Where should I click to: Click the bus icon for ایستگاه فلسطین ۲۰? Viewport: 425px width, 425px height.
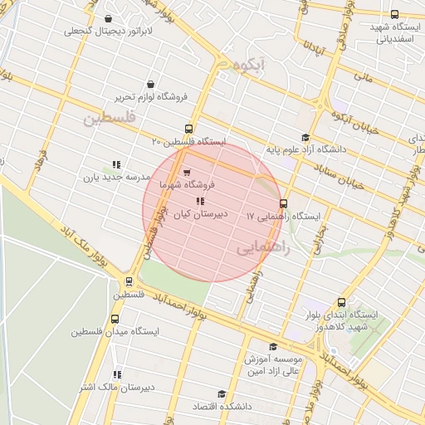[189, 129]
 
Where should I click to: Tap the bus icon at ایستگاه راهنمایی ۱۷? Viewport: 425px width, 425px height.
[283, 203]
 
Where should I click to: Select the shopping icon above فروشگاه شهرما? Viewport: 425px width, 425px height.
[187, 172]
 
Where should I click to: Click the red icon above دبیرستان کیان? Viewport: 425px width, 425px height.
[198, 201]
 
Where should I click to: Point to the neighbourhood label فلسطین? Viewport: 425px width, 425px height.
[108, 118]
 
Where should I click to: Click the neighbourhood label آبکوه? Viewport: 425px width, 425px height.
[251, 63]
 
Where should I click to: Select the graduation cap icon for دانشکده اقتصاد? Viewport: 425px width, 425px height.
[222, 394]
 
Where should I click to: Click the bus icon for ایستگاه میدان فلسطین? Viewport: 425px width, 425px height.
[115, 319]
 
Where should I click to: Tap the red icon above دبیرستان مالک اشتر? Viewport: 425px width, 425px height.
[116, 374]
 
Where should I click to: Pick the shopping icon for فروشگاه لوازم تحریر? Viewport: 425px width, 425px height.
[149, 84]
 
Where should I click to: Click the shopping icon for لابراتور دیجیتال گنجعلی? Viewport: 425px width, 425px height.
[109, 19]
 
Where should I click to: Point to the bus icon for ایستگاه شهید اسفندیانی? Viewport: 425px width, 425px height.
[393, 13]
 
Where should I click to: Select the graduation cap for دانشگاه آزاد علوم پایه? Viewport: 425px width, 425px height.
[305, 137]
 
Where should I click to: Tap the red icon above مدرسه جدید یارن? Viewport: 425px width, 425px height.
[116, 164]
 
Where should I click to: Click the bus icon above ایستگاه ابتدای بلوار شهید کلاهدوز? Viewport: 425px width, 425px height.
[341, 303]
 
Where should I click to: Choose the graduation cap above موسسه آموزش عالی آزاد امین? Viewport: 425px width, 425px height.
[273, 347]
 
